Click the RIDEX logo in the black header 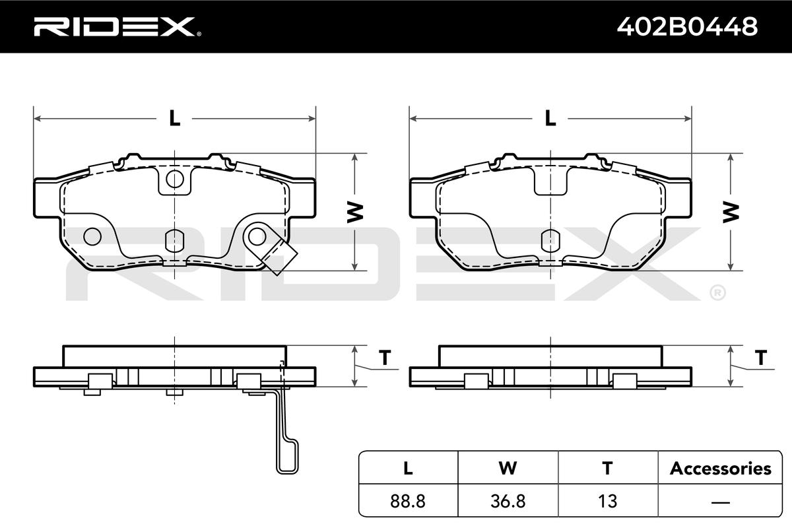117,26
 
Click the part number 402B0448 687,26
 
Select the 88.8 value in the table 408,501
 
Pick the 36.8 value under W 508,501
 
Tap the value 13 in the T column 607,501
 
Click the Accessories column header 720,468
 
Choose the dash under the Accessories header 720,502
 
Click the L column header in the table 408,468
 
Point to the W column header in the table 508,468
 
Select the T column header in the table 607,468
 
